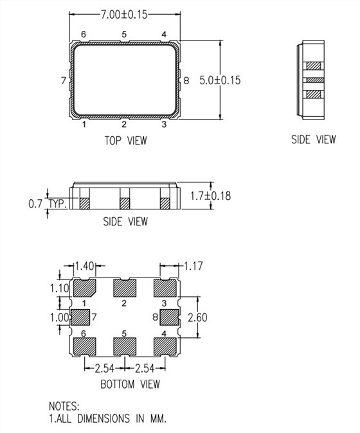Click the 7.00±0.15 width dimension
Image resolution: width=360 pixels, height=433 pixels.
(123, 13)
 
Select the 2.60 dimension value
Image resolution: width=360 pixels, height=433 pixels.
(198, 317)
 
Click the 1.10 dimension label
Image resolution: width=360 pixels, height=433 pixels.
(59, 288)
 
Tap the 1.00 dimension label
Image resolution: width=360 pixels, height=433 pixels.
(59, 317)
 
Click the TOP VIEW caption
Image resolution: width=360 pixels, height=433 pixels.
(124, 139)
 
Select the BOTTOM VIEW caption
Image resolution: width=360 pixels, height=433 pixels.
(130, 384)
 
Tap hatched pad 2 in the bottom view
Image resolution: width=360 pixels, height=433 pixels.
(124, 287)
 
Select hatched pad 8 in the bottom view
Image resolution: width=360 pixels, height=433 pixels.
(168, 317)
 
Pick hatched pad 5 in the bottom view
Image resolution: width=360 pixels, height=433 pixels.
(124, 346)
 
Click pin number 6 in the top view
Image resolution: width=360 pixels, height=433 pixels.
(84, 34)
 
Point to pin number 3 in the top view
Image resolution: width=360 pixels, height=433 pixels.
(164, 124)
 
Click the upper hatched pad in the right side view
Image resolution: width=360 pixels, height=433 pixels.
(314, 66)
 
